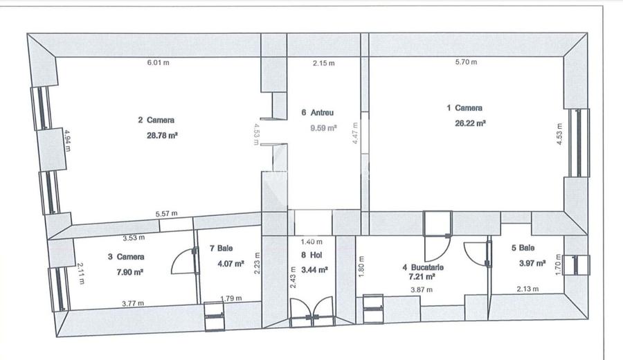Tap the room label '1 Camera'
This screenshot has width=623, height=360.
click(x=464, y=108)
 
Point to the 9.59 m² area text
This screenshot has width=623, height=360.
click(x=322, y=128)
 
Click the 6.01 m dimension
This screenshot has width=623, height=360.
click(x=158, y=63)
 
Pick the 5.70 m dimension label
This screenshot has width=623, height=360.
click(x=466, y=63)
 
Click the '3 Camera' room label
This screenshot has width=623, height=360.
click(x=125, y=257)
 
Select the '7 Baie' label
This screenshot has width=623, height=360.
click(x=226, y=248)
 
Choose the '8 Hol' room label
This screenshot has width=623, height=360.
click(x=314, y=254)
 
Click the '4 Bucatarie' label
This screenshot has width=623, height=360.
click(x=423, y=267)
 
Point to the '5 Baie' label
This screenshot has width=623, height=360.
click(x=523, y=248)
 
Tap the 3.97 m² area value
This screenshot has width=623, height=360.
click(x=532, y=263)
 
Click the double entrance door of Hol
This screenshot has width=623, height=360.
click(x=311, y=312)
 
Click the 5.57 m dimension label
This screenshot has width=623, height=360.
click(x=165, y=213)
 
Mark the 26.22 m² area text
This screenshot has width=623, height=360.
click(x=470, y=124)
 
